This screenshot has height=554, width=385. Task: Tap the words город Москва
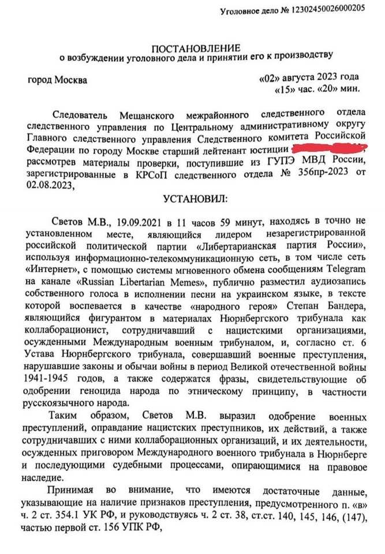[x=58, y=80]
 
